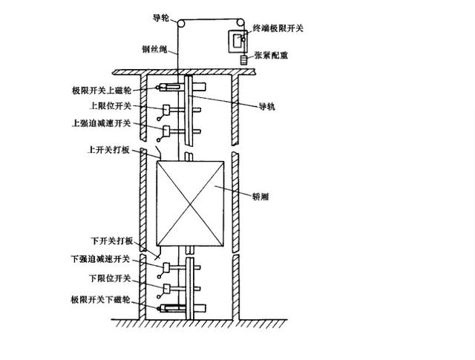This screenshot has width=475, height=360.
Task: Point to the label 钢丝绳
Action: pyautogui.click(x=155, y=50)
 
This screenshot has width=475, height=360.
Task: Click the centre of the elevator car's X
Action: pyautogui.click(x=190, y=203)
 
